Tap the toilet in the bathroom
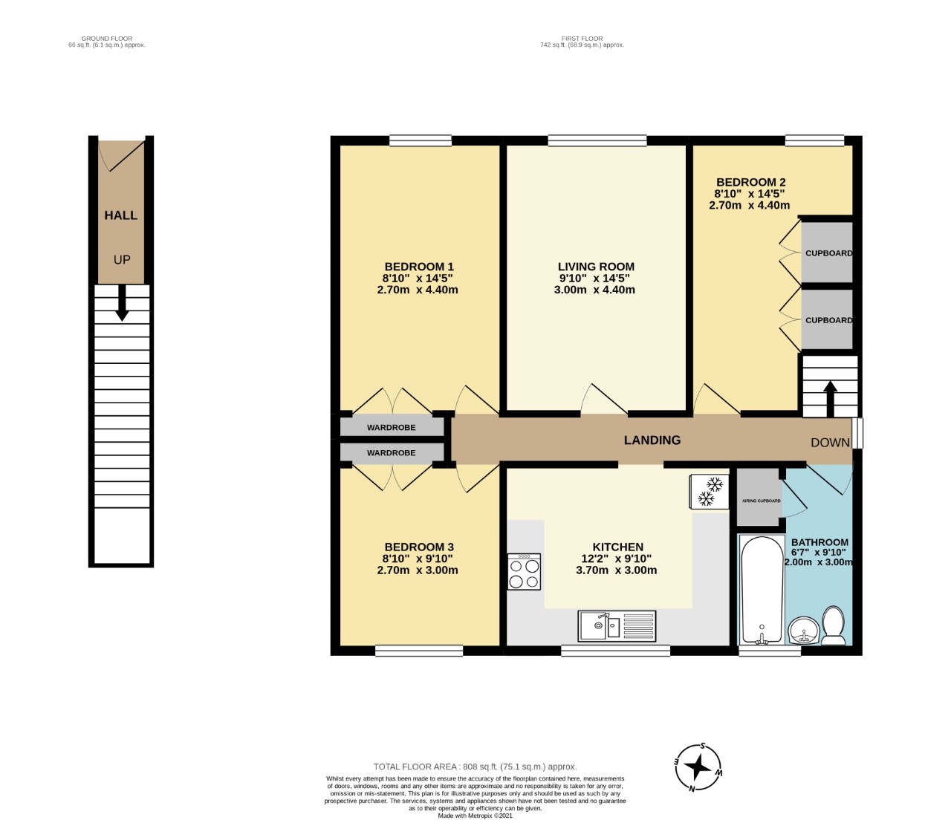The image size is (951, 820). coord(833,625)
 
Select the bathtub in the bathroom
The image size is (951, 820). coord(762,590)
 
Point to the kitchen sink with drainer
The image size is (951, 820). coord(617,626)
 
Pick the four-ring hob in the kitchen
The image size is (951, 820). coord(524,572)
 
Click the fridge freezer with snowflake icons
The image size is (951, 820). coord(709,491)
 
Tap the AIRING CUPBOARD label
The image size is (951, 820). coord(762,501)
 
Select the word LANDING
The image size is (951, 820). coord(652,440)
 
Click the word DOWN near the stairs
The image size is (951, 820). coord(830,443)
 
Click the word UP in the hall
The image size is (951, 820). coord(122,260)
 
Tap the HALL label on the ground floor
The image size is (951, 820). coord(120,215)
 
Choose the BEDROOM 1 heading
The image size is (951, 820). coord(419,267)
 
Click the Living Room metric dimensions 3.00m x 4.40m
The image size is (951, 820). coord(594,290)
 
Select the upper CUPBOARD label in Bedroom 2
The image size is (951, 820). coord(828,253)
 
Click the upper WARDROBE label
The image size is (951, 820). coord(391,427)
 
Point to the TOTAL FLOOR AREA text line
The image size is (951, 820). coord(475,767)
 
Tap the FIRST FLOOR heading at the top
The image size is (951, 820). coord(582,39)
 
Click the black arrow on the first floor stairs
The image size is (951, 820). coord(830,398)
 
